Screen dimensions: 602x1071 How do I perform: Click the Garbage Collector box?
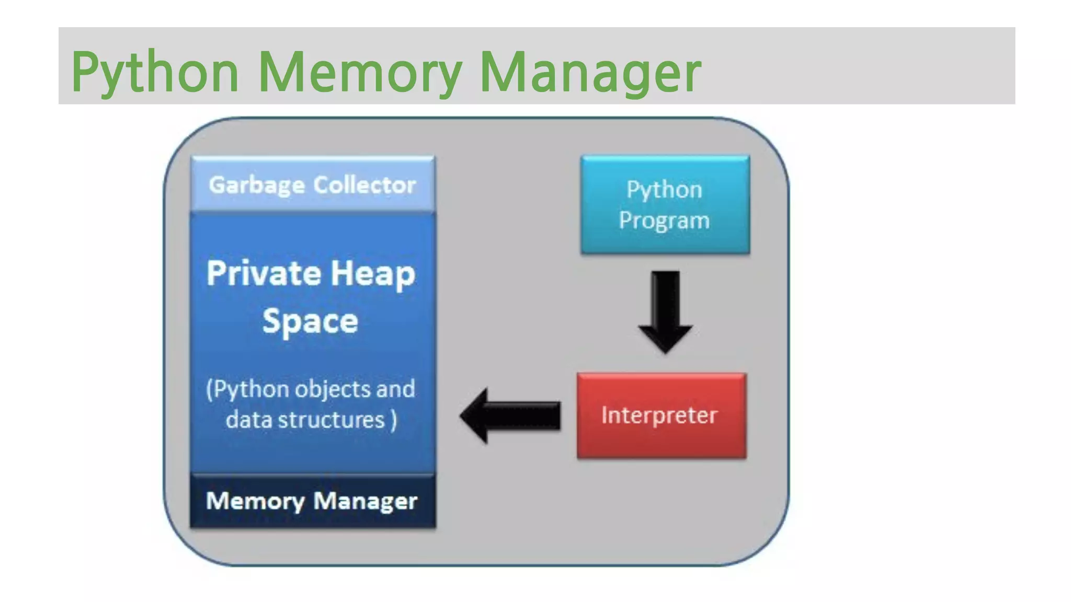313,184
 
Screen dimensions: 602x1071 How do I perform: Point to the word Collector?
364,184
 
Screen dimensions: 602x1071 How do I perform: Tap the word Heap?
373,274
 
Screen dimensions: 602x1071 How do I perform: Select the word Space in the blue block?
310,321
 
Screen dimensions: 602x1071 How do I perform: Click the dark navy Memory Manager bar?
313,501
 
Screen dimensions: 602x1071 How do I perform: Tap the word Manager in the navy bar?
365,501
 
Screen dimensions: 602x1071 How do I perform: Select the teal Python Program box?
665,205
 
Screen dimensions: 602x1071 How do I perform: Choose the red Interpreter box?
661,415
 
